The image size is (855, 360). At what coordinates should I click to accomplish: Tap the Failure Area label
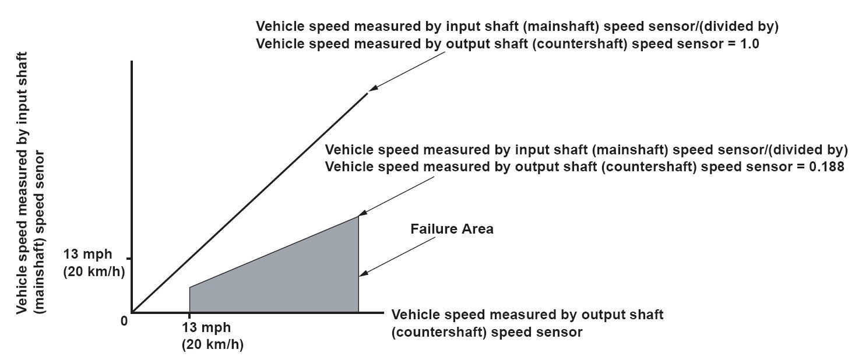[x=452, y=229]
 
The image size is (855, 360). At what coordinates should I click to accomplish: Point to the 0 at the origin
[x=124, y=320]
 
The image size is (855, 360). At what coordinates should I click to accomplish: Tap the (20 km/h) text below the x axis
[x=212, y=344]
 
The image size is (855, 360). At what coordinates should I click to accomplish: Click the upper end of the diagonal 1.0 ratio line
[x=367, y=93]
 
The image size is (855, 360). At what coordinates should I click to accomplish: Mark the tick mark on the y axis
[x=129, y=258]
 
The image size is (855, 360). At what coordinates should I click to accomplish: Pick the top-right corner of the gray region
[x=358, y=217]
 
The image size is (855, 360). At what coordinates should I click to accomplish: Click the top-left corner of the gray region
[x=190, y=287]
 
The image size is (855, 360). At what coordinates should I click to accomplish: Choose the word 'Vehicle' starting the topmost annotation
[x=278, y=27]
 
